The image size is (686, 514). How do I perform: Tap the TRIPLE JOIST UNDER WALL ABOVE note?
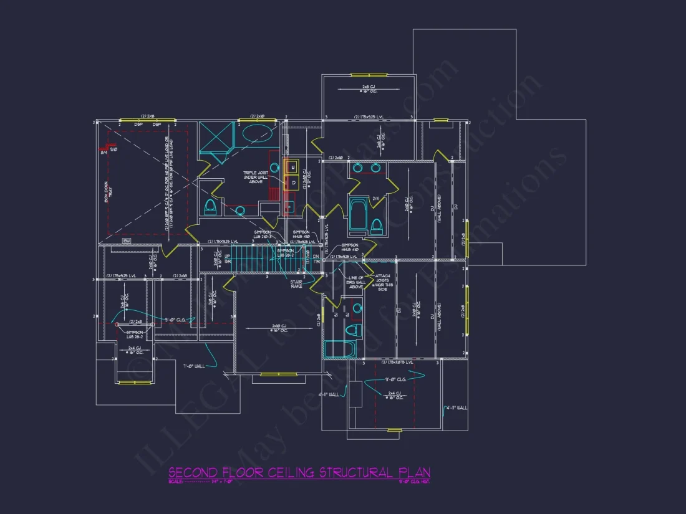[x=256, y=178]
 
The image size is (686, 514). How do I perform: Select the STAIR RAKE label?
[x=297, y=285]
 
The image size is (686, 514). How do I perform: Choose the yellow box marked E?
[x=292, y=166]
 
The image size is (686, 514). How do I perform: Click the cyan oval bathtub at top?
[x=256, y=134]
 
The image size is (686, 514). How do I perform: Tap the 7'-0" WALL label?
[x=194, y=366]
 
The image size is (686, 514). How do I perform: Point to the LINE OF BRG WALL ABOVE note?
[x=355, y=282]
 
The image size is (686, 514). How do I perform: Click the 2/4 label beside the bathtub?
[x=375, y=199]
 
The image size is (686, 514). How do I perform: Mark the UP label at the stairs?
[x=228, y=256]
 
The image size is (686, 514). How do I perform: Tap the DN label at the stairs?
[x=316, y=256]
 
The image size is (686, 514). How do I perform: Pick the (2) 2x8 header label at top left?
[x=148, y=116]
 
